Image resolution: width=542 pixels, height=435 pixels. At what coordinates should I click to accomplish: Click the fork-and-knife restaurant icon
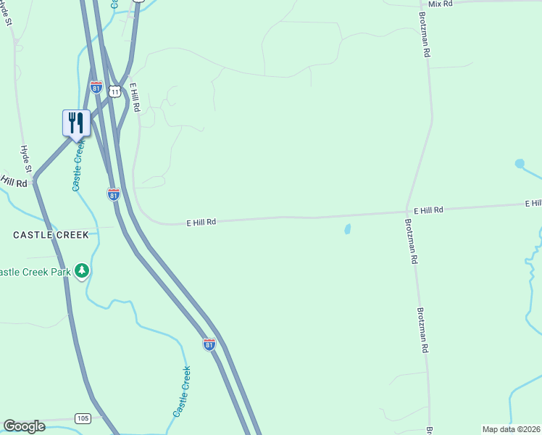tap(76, 123)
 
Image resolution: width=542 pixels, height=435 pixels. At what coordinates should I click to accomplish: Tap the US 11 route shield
tap(114, 91)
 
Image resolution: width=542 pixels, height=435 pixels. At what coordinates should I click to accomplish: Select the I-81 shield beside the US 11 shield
tap(96, 87)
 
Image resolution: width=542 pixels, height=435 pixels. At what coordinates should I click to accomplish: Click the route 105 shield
tap(82, 418)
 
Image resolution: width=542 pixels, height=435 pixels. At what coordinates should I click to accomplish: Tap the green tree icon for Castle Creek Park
tap(82, 270)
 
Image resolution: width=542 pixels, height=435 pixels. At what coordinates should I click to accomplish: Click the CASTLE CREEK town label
tap(51, 235)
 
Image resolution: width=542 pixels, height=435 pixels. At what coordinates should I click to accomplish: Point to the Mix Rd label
tap(440, 4)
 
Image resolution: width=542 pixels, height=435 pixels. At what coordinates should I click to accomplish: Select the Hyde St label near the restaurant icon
tap(26, 159)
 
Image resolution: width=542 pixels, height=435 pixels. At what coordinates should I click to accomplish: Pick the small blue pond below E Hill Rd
tap(347, 229)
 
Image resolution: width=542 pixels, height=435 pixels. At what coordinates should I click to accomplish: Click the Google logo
tap(24, 426)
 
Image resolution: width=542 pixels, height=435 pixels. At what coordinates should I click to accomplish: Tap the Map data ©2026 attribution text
tap(511, 429)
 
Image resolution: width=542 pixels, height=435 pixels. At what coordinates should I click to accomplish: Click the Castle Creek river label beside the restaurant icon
tap(78, 167)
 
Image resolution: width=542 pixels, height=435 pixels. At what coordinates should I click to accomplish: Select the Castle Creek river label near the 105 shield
tap(182, 391)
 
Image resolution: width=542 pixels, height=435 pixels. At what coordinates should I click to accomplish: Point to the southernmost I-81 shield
tap(209, 344)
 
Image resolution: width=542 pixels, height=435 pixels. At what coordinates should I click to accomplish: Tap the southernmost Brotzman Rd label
tap(422, 330)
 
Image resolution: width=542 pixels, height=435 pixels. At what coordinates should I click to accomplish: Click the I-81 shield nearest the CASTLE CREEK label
tap(113, 194)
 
